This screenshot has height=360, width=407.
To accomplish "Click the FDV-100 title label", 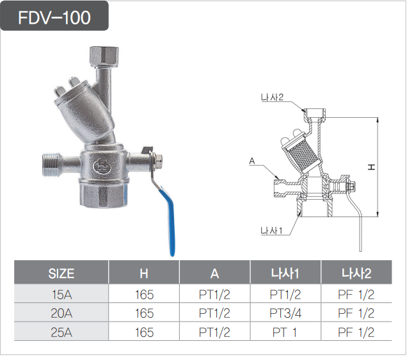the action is pos(54,18).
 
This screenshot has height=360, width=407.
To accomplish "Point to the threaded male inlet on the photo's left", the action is pos(51,165).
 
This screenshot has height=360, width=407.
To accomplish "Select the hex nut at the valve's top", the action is pos(104,56).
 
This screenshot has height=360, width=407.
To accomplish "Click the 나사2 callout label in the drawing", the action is pos(272,97).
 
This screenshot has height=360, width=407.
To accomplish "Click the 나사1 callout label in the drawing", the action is pos(271,231).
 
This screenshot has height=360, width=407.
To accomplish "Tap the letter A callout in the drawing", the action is pos(252,161).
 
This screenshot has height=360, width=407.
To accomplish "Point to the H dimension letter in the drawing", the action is pos(371,167).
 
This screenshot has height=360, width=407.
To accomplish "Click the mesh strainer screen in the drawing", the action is pos(303,156).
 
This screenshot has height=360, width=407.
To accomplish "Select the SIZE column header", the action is pos(61,274).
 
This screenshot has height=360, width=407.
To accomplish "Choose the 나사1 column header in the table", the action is pos(285,274).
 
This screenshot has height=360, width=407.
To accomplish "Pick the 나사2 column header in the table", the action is pos(356,274).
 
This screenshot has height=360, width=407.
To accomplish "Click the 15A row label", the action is pos(62,295).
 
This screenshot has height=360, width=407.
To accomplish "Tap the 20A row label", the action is pos(61,313).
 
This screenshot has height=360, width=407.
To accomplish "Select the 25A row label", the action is pos(61,332).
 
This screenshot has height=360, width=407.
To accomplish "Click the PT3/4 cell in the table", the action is pos(285,313).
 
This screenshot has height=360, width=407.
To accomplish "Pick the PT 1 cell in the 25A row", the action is pos(285,332).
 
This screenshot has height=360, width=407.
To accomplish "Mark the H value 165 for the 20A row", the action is pos(145,313).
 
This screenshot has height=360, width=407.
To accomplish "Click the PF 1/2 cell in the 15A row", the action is pos(356,295).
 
